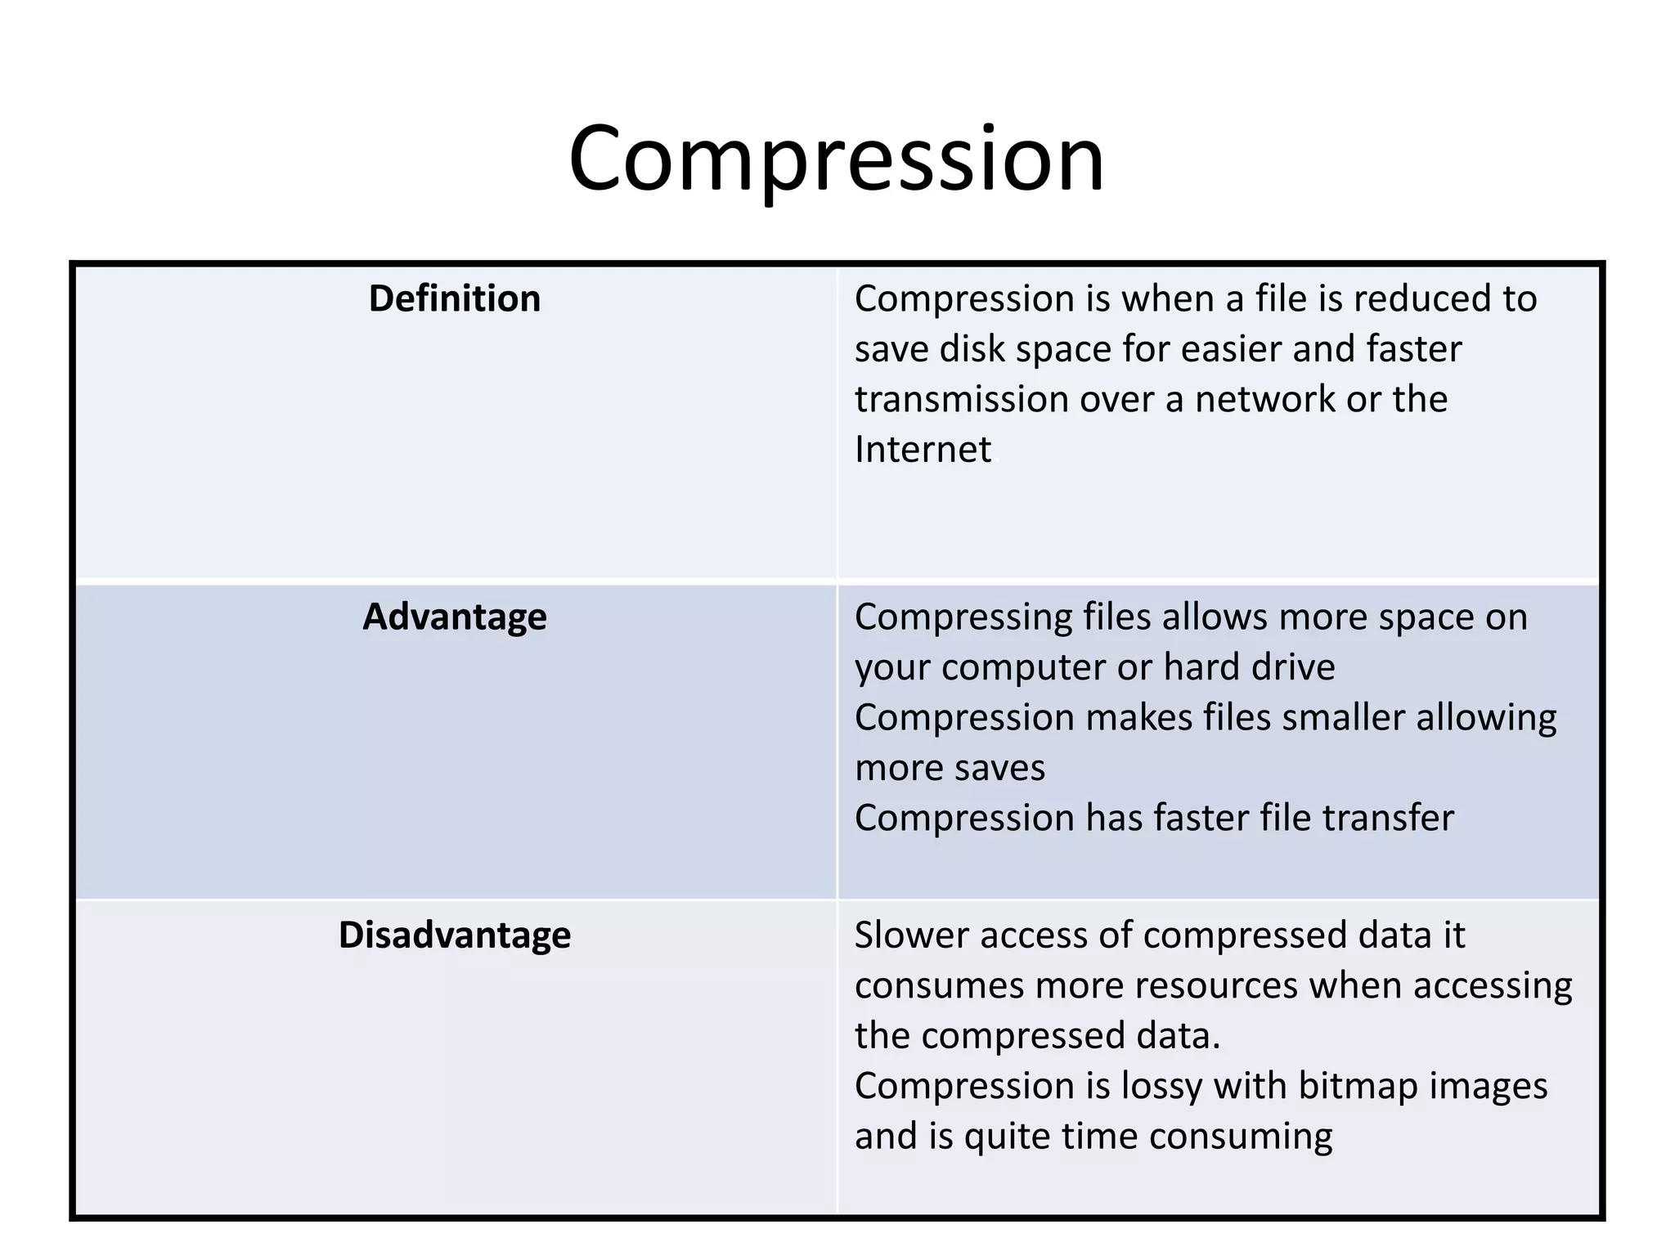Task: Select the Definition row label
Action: coord(455,298)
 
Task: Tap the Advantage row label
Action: coord(455,617)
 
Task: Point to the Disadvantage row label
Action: coord(455,935)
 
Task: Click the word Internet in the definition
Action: coord(923,449)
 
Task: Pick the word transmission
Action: coord(961,399)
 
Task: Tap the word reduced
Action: coord(1421,298)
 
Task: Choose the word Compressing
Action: coord(963,617)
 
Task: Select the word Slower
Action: coord(910,935)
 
